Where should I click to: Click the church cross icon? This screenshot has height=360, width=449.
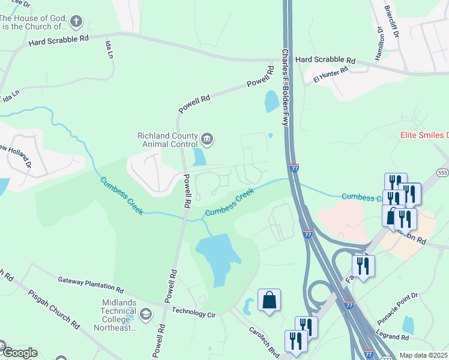tap(76, 22)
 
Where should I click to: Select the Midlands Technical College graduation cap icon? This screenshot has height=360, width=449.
tap(145, 314)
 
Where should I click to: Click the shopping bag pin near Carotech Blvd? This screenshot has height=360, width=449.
tap(270, 301)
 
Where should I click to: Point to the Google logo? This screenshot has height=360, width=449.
tap(19, 353)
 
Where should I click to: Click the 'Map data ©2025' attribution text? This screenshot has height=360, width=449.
tap(424, 355)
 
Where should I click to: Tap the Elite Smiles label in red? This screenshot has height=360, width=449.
tap(424, 136)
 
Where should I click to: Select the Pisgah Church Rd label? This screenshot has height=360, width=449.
tap(54, 309)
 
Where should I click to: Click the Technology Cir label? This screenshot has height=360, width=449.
tap(193, 312)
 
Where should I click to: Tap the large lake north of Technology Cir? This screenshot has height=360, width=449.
tap(217, 254)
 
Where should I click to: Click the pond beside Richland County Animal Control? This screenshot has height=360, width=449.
tap(199, 157)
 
